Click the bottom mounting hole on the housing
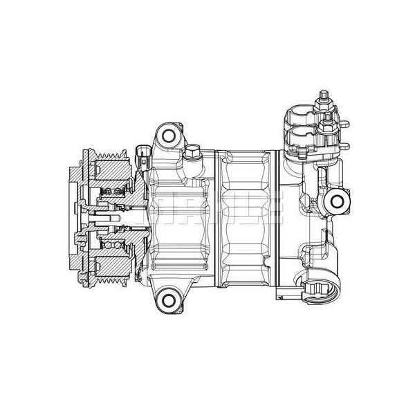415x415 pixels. click(166, 298)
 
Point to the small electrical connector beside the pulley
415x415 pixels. click(142, 156)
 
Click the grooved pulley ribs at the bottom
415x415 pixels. click(111, 273)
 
